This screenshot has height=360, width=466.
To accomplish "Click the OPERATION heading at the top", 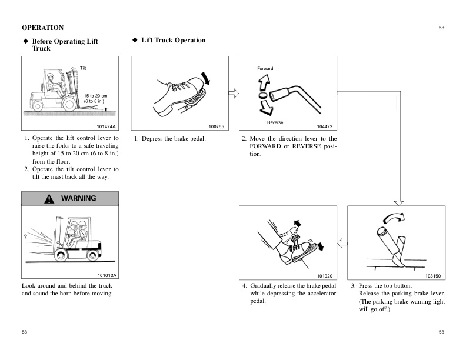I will (42, 28).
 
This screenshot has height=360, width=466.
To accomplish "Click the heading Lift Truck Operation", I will (173, 41).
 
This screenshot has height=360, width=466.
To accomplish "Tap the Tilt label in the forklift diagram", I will (84, 69).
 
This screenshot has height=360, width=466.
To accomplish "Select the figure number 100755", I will (217, 126).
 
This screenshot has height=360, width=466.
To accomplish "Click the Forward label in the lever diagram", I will (265, 69).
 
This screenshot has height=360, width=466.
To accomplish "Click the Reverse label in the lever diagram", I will (275, 122).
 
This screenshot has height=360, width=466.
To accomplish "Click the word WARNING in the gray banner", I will (78, 198).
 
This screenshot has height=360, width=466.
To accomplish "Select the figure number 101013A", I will (107, 275).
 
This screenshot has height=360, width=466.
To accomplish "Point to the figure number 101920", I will (324, 275).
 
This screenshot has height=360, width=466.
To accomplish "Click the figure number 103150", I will (433, 275).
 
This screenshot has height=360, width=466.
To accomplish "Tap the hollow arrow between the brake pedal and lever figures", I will (232, 93).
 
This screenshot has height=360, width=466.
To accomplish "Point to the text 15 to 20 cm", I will (95, 95).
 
